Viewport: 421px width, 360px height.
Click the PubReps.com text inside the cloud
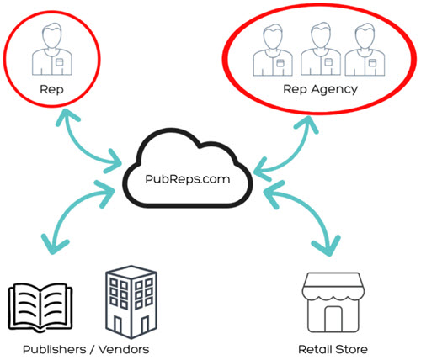188,179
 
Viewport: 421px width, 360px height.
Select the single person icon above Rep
52,50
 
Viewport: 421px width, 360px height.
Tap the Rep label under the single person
51,90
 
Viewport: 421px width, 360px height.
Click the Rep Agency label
320,90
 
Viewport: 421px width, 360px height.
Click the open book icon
40,308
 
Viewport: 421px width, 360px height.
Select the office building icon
131,302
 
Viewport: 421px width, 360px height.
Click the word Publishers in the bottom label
54,350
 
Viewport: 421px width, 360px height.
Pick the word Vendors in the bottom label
124,350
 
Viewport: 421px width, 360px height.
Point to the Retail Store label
333,350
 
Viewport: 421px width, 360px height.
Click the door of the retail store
333,320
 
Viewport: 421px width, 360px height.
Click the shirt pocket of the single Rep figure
59,62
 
